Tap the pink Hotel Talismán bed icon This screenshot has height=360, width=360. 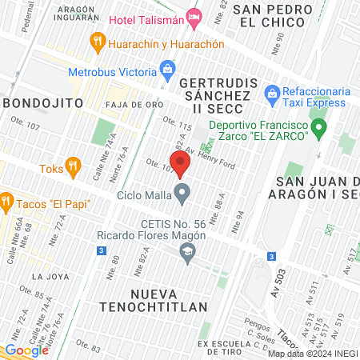coord(194,16)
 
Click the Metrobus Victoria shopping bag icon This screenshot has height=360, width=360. coord(167,68)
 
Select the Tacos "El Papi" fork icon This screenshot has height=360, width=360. coord(6,200)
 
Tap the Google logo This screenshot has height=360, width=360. coord(26,350)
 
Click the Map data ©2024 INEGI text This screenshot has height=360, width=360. coord(312,354)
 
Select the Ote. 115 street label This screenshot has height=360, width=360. coord(178,123)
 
